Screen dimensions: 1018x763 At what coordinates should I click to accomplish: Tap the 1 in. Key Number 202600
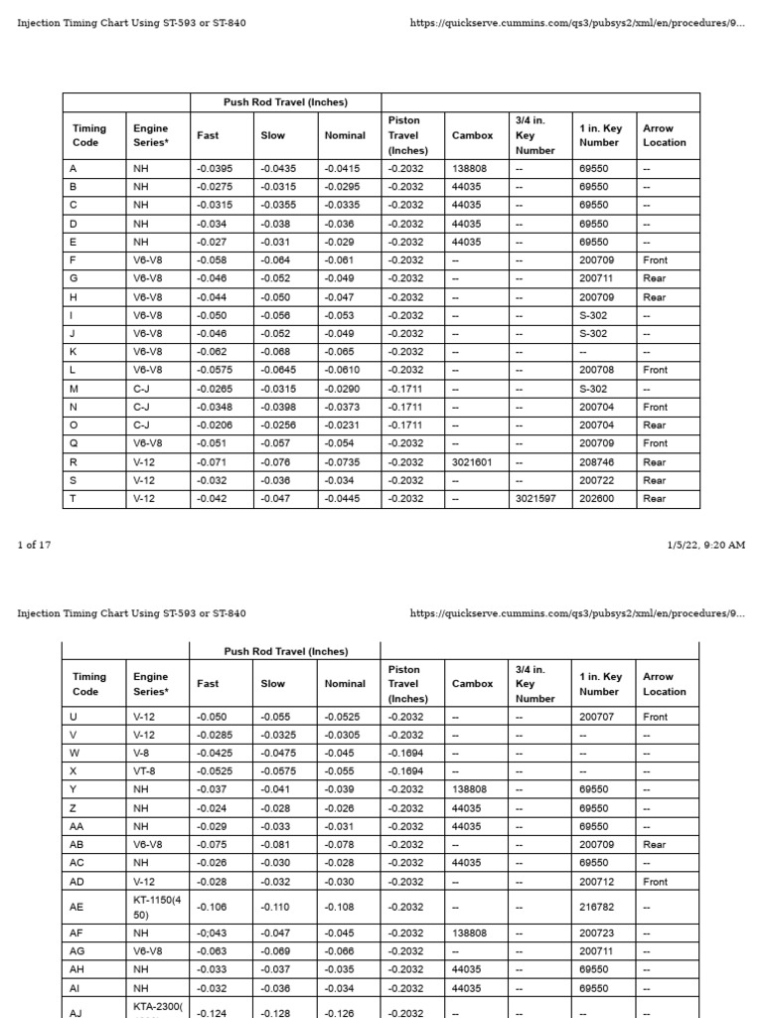pyautogui.click(x=596, y=499)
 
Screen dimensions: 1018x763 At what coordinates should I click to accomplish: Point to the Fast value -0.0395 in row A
pyautogui.click(x=215, y=169)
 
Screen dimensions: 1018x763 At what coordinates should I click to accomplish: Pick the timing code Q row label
pyautogui.click(x=74, y=443)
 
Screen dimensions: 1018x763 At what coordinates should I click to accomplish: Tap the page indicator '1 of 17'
pyautogui.click(x=34, y=545)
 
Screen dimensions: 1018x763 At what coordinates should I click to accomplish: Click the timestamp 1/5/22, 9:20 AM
pyautogui.click(x=705, y=545)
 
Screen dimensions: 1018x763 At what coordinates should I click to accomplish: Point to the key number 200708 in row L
pyautogui.click(x=596, y=370)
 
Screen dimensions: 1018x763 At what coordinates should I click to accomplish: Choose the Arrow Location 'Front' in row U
pyautogui.click(x=656, y=717)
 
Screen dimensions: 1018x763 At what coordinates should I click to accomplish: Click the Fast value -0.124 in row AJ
pyautogui.click(x=212, y=1013)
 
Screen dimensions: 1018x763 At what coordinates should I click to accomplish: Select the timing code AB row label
pyautogui.click(x=77, y=845)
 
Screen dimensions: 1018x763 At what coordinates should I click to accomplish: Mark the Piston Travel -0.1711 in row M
pyautogui.click(x=405, y=389)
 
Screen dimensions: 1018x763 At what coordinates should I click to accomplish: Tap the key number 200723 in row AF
pyautogui.click(x=596, y=933)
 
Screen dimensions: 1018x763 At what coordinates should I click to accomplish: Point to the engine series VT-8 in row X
pyautogui.click(x=144, y=771)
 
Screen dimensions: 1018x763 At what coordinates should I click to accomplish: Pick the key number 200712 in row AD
pyautogui.click(x=596, y=882)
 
